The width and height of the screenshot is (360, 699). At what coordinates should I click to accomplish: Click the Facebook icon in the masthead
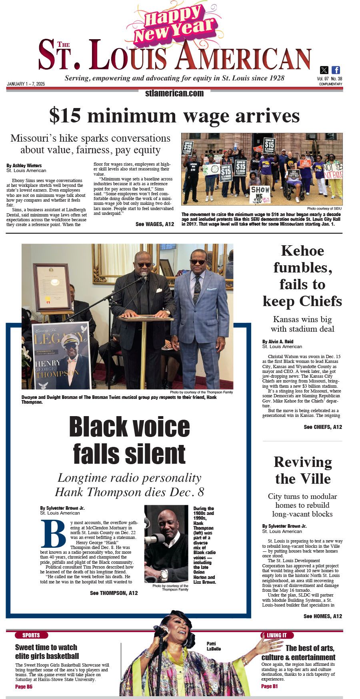click(336, 70)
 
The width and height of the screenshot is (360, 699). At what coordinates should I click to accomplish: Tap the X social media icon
click(324, 70)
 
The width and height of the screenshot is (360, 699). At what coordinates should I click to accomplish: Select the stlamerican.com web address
click(174, 93)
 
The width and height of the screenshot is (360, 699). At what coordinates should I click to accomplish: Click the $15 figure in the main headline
click(64, 116)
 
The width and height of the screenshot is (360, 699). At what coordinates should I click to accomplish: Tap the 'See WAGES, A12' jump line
click(155, 224)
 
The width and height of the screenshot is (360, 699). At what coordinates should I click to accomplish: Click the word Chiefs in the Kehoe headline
click(321, 301)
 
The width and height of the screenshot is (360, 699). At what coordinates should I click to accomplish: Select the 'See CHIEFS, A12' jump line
click(323, 427)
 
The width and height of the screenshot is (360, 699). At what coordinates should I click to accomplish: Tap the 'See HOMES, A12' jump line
click(323, 616)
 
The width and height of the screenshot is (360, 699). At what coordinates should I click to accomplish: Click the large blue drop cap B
click(53, 534)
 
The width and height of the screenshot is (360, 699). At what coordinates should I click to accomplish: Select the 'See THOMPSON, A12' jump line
click(114, 593)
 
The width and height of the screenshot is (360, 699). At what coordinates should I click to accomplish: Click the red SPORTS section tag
click(31, 635)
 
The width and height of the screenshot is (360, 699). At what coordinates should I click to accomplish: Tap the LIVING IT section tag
click(277, 635)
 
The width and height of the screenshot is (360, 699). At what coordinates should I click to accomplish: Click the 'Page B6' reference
click(24, 687)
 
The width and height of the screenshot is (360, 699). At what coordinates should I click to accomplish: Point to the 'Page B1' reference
click(269, 686)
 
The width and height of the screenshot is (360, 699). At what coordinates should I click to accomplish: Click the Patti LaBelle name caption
click(214, 646)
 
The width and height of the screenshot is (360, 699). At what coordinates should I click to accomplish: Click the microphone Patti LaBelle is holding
click(162, 631)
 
